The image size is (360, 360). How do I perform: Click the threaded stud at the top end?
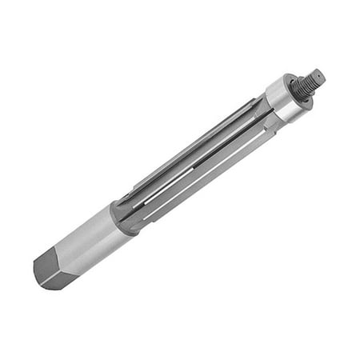310,80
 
